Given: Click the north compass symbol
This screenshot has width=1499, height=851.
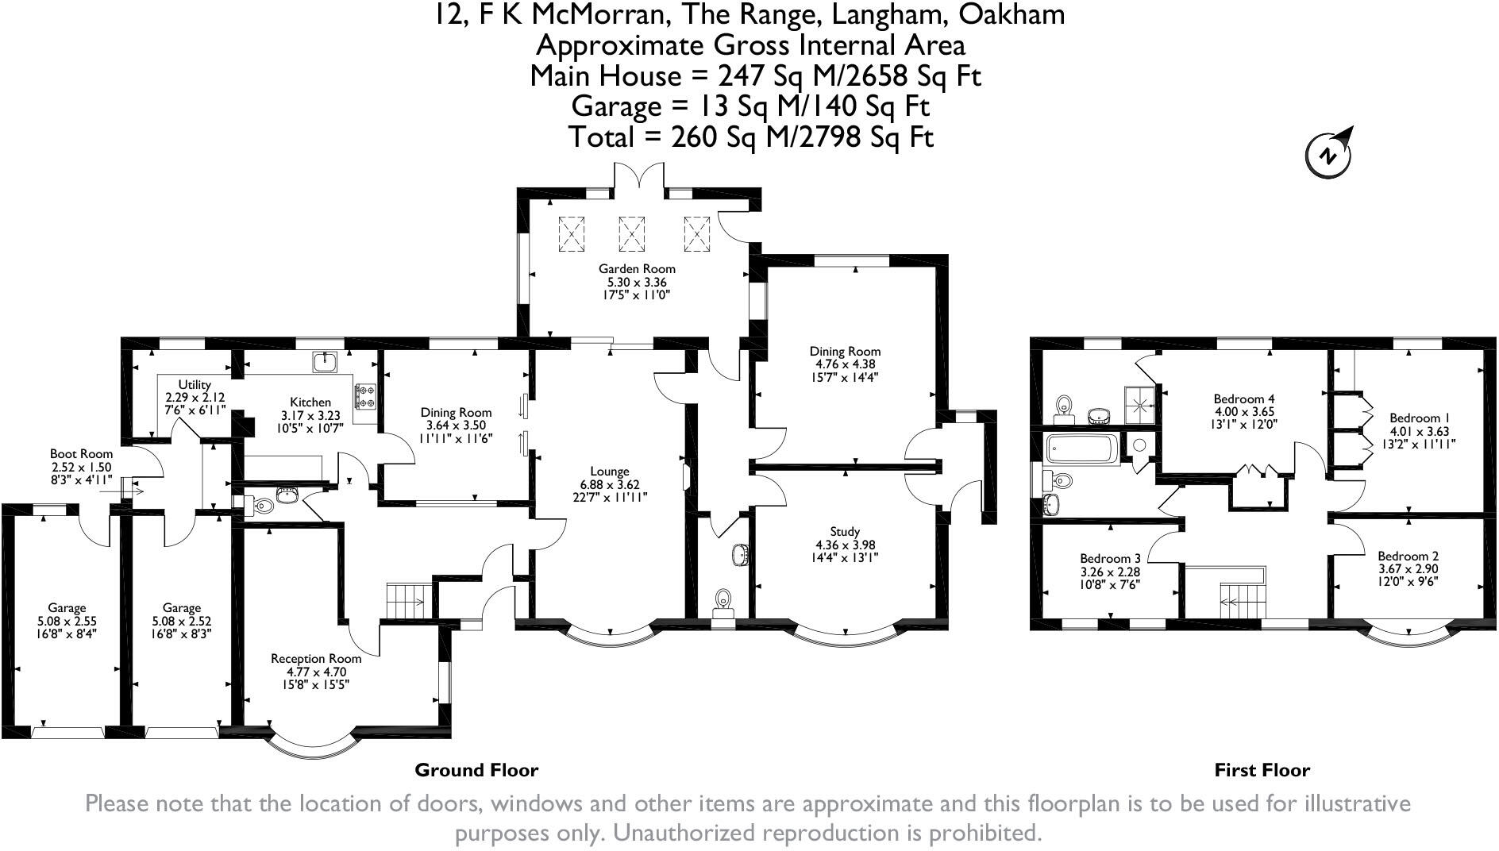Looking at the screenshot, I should pyautogui.click(x=1328, y=154).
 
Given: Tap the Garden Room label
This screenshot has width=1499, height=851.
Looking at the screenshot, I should pyautogui.click(x=637, y=269).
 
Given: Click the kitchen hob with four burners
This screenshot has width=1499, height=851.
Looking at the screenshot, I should pyautogui.click(x=366, y=396).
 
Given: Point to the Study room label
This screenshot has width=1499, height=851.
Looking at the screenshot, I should pyautogui.click(x=843, y=531).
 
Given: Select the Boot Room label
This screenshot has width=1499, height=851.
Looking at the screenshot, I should pyautogui.click(x=81, y=454).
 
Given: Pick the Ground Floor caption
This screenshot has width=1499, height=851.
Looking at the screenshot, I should pyautogui.click(x=476, y=770).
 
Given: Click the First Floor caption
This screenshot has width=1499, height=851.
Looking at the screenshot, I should pyautogui.click(x=1262, y=770).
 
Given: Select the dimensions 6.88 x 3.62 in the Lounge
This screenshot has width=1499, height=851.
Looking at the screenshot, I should pyautogui.click(x=609, y=484).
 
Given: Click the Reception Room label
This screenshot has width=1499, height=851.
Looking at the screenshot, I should pyautogui.click(x=315, y=658).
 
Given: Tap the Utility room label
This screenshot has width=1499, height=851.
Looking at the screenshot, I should pyautogui.click(x=195, y=385).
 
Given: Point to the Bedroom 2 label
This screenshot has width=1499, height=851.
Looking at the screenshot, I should pyautogui.click(x=1408, y=556).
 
